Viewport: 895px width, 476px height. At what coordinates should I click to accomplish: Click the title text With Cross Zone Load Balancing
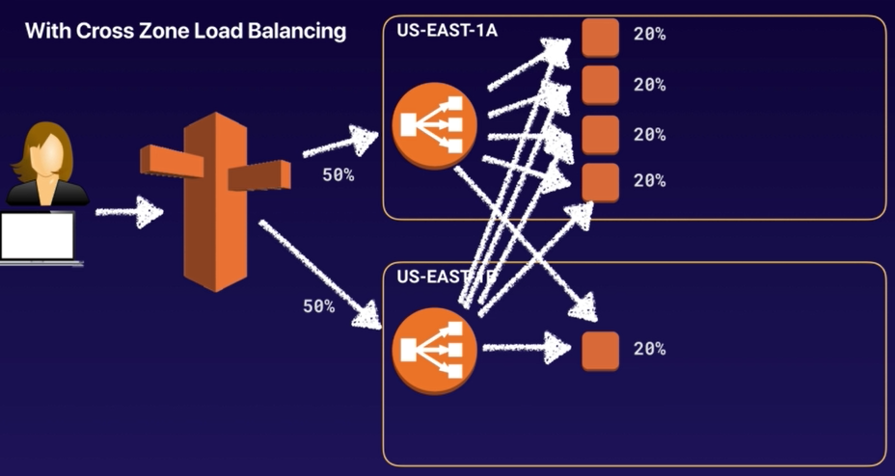(185, 32)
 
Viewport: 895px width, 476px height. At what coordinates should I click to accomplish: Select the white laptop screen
(38, 236)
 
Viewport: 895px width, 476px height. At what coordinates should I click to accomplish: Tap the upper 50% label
(338, 176)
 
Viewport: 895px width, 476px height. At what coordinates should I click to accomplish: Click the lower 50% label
(318, 306)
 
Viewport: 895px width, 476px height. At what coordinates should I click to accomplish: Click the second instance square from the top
(600, 84)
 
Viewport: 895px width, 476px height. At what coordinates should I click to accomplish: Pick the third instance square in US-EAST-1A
(600, 133)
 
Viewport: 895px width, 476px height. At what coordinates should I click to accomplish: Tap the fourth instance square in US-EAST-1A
(600, 181)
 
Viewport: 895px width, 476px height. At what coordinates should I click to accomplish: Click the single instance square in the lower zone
(600, 350)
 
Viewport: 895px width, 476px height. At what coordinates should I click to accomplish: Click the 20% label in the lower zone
(649, 349)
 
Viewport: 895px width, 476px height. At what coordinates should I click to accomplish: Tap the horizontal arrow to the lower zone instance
(527, 347)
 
